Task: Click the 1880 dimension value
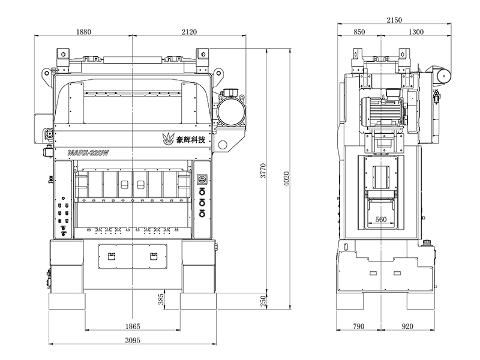tap(88, 32)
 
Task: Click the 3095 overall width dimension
tap(133, 341)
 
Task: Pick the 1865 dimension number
tap(133, 326)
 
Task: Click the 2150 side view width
tap(394, 20)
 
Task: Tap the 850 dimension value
tap(359, 32)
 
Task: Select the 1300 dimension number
tap(415, 32)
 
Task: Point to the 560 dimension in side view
tap(380, 220)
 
